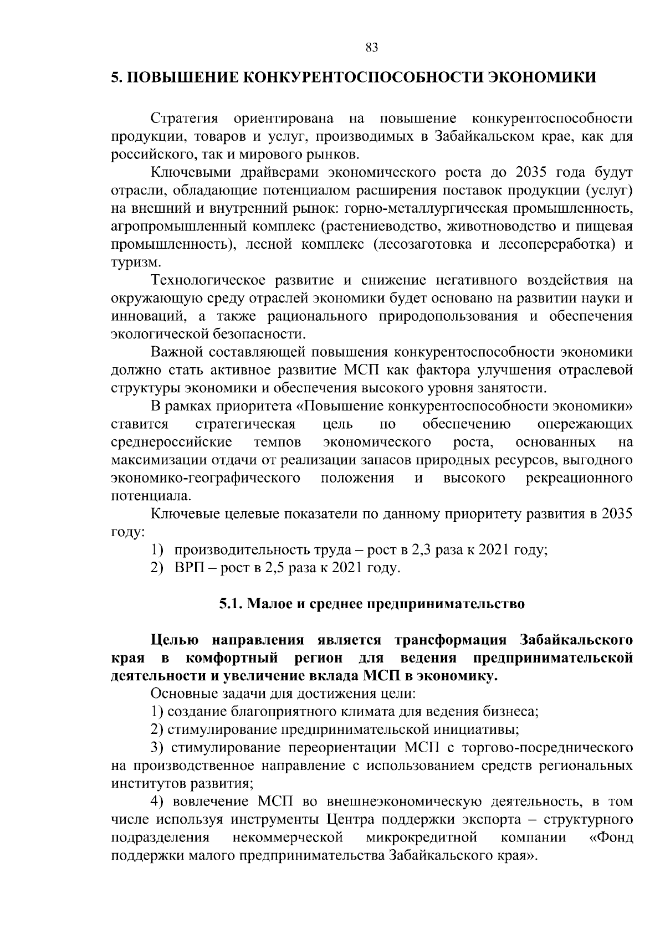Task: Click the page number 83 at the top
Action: (x=372, y=48)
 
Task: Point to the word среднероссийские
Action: (x=171, y=442)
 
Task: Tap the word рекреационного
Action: (x=579, y=478)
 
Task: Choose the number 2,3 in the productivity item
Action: (x=422, y=550)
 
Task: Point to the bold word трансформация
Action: (x=451, y=640)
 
